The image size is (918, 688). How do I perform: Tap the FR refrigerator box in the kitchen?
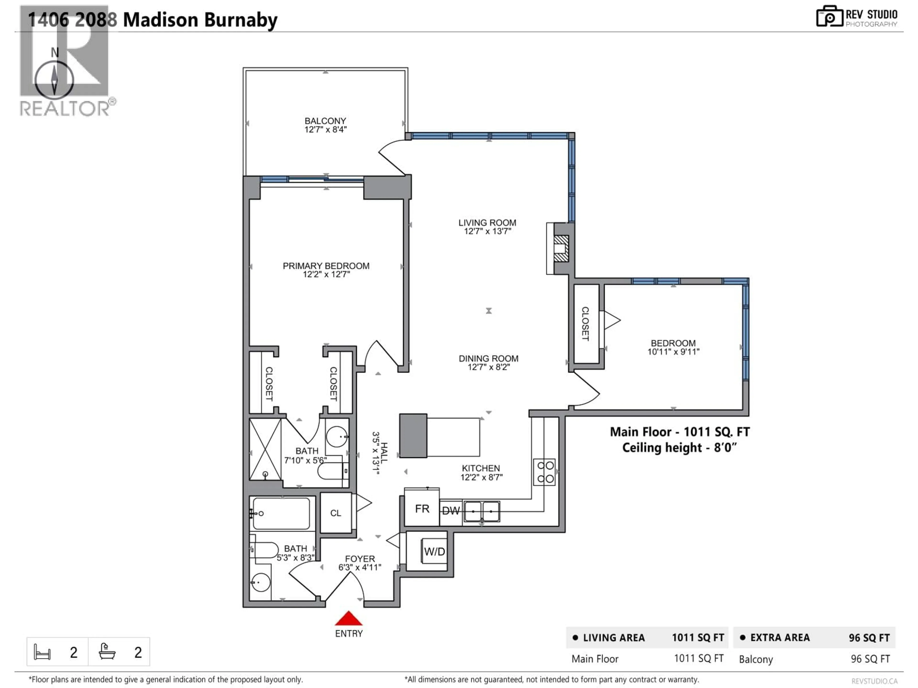point(422,508)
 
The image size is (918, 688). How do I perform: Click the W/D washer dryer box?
point(434,552)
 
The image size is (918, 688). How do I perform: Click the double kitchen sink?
point(481,511)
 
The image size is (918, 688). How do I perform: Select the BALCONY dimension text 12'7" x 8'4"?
point(325,130)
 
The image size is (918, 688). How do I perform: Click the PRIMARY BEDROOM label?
point(326,266)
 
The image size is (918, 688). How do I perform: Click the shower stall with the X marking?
point(265,449)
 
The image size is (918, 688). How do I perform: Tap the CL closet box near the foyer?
point(336,513)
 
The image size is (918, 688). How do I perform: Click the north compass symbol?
point(54,79)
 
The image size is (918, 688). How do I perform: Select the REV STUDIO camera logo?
point(829,16)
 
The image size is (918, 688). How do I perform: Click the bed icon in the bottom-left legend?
point(42,652)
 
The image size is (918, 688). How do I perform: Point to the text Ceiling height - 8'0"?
point(679,448)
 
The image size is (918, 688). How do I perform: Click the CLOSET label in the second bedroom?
point(585,323)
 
